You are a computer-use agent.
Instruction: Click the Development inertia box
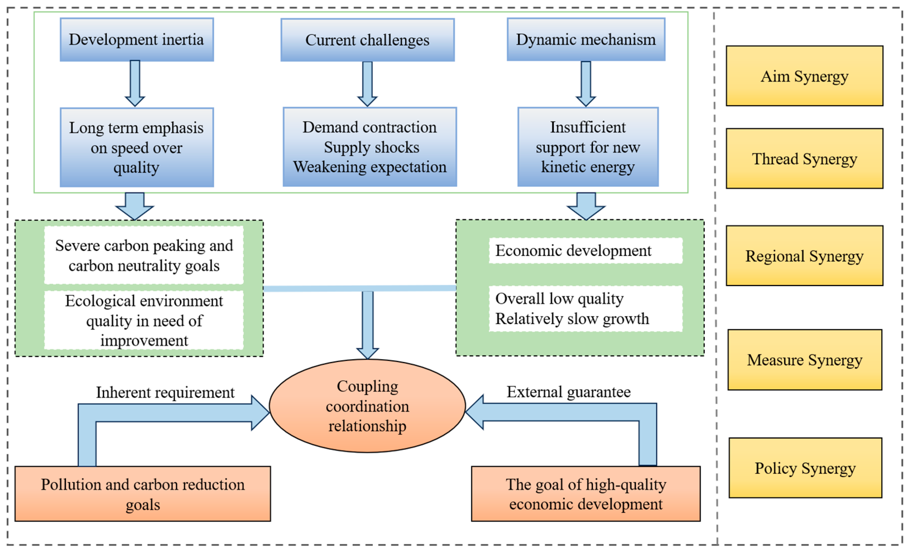pyautogui.click(x=137, y=39)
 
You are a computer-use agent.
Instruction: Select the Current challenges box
pyautogui.click(x=367, y=40)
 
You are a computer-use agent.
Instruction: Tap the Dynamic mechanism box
pyautogui.click(x=586, y=39)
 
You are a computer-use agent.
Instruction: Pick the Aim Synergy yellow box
pyautogui.click(x=805, y=76)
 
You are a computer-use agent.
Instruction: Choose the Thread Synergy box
pyautogui.click(x=805, y=158)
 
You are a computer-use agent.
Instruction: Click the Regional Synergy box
pyautogui.click(x=805, y=256)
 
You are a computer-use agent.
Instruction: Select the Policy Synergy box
pyautogui.click(x=805, y=468)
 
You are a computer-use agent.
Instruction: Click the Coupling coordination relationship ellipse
pyautogui.click(x=367, y=406)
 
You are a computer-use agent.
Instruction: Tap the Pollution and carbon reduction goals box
pyautogui.click(x=143, y=494)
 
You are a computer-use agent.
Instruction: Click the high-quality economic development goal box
pyautogui.click(x=586, y=494)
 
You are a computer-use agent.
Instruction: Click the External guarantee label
pyautogui.click(x=568, y=392)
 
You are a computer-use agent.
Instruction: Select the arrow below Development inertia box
pyautogui.click(x=135, y=83)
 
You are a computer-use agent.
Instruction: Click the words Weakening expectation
pyautogui.click(x=370, y=167)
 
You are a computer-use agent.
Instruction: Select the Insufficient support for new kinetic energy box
pyautogui.click(x=588, y=147)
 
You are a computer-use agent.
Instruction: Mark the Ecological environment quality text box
pyautogui.click(x=144, y=320)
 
